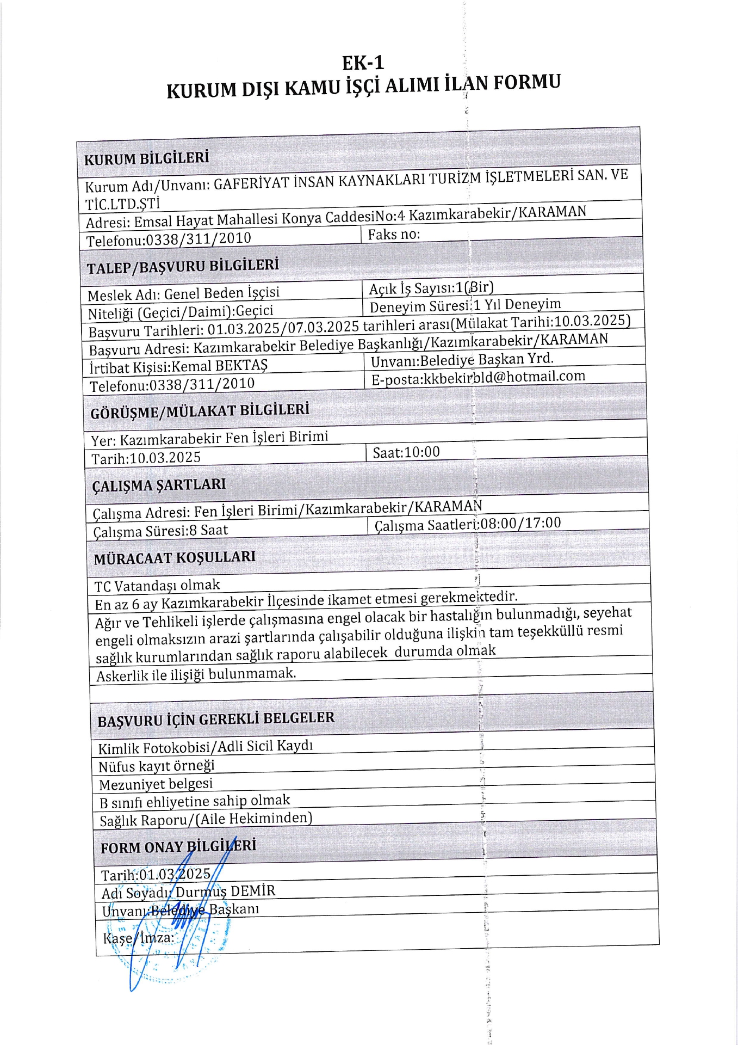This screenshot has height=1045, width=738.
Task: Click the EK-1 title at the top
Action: tap(363, 63)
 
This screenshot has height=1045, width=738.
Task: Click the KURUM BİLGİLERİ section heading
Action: tap(146, 158)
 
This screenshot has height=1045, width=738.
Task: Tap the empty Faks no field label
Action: tap(394, 235)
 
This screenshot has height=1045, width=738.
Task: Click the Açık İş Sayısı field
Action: tap(431, 288)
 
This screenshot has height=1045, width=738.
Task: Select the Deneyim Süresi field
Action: tap(465, 305)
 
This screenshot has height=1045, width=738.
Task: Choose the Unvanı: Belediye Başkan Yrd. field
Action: tap(462, 360)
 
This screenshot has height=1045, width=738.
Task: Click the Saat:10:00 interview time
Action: tap(406, 452)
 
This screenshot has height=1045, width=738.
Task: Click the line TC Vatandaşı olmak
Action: tap(157, 586)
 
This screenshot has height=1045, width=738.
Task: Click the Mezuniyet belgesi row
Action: tap(156, 784)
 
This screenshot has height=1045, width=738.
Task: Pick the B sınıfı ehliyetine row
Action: tap(194, 801)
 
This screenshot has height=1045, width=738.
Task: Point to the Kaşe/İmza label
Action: tap(138, 938)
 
